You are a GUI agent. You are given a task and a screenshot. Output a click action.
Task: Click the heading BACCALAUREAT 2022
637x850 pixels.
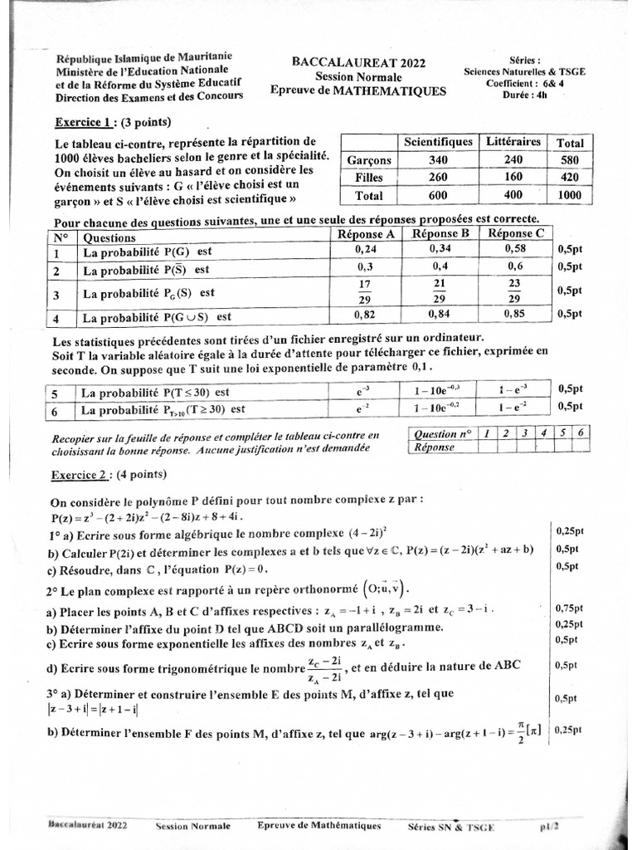346,62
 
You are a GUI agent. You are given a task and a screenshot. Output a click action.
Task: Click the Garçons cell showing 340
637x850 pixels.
437,159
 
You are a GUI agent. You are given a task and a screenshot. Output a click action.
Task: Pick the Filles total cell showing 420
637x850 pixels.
569,178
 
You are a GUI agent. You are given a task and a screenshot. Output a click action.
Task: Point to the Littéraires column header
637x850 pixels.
513,142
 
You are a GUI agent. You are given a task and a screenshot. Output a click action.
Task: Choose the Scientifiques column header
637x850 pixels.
437,142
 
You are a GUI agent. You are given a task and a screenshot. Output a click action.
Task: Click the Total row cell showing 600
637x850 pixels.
437,196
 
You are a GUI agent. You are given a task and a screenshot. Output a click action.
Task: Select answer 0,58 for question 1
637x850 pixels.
515,249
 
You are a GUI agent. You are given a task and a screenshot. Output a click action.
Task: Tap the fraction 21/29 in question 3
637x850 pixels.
441,291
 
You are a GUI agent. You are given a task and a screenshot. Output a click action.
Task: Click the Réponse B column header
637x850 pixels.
441,233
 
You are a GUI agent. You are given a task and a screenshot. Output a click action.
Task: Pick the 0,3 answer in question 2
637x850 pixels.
366,267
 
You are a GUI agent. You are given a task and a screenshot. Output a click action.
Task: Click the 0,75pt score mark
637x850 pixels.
568,608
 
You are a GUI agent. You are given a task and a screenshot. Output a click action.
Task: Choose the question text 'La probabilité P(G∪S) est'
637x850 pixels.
156,317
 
